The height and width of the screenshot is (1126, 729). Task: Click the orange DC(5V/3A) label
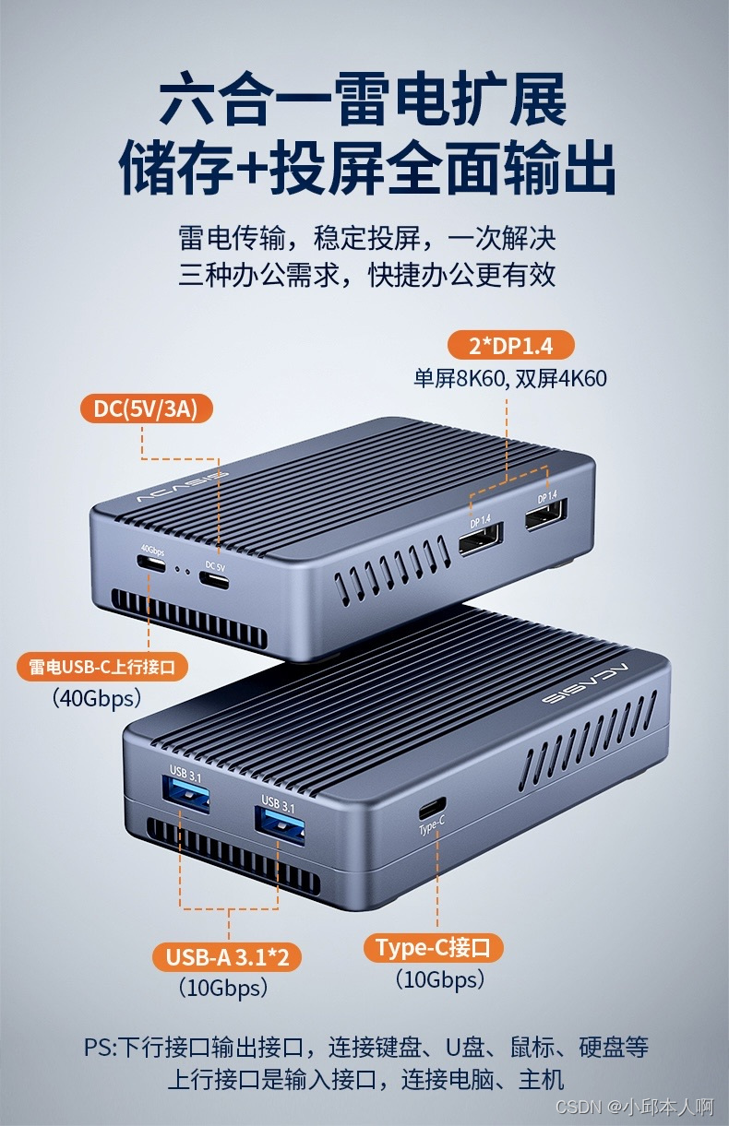146,409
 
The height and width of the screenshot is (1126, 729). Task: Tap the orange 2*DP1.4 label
510,345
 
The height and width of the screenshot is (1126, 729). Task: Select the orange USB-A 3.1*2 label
227,956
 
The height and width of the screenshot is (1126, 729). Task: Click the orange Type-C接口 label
433,948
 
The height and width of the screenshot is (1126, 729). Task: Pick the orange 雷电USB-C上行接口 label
102,667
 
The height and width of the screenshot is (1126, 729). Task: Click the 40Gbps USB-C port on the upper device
151,564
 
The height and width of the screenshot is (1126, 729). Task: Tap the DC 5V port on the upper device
214,581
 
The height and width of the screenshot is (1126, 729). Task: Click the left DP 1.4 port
481,539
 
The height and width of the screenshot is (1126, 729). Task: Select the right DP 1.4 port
546,514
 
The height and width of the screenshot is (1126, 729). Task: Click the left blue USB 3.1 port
185,796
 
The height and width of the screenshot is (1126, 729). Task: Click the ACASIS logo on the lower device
586,683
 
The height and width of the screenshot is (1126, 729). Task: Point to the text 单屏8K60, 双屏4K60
510,378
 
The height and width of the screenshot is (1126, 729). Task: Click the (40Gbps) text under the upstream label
97,698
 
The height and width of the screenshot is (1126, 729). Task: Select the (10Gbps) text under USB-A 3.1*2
223,988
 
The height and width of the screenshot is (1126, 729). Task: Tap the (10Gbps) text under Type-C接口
440,978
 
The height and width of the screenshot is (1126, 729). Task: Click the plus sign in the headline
253,168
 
